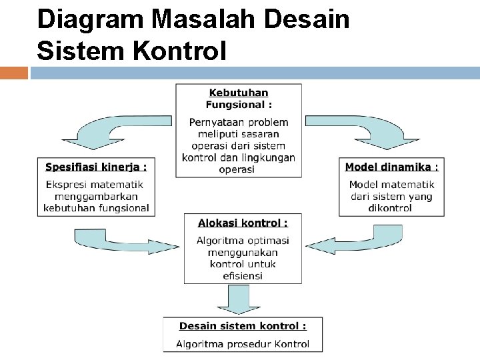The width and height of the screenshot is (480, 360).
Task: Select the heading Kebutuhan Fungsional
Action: coord(239,98)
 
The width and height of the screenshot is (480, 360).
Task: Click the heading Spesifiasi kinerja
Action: coord(95,167)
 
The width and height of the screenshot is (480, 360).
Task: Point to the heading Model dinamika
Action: coord(391,167)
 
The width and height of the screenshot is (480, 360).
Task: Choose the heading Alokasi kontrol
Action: coord(242,223)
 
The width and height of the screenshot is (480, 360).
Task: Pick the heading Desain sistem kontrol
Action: coord(243,326)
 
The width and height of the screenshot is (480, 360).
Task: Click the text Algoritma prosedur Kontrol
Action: coord(243,344)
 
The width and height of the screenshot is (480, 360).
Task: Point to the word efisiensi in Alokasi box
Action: coord(243,275)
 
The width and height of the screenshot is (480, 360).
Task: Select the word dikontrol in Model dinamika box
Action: coord(390,208)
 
